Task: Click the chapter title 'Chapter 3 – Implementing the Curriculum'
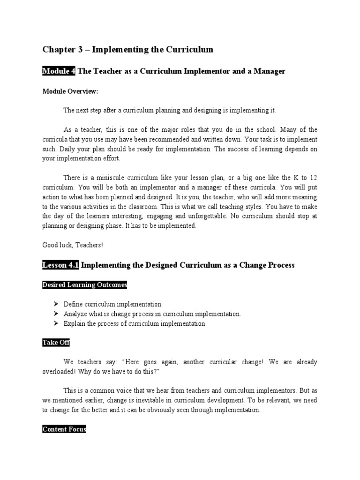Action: tap(127, 49)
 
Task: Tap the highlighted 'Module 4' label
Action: tap(59, 71)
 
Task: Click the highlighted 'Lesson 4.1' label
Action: tap(61, 265)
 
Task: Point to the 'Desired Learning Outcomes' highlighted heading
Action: tap(84, 285)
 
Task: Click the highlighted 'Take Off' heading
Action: tap(56, 343)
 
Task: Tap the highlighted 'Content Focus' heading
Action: tap(64, 429)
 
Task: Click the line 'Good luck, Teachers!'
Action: tap(73, 245)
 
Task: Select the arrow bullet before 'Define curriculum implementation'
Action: tap(56, 304)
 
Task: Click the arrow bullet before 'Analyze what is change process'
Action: tap(56, 314)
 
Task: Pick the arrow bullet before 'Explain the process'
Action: tap(56, 323)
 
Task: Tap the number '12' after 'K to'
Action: tap(314, 178)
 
